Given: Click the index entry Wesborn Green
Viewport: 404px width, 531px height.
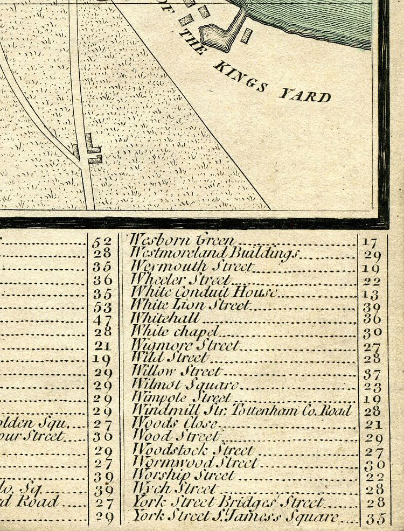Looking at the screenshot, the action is tap(183, 240).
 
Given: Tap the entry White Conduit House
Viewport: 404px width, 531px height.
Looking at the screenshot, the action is tap(205, 292).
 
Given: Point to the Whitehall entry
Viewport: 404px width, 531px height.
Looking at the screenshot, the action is tap(165, 318).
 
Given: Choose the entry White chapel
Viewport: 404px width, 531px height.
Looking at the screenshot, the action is tap(176, 331).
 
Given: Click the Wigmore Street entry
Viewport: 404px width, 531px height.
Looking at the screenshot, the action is tap(185, 345).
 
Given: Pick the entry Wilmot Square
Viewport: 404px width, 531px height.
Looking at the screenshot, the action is tap(185, 385).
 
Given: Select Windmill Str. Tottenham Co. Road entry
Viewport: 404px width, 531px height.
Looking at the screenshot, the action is tap(242, 410).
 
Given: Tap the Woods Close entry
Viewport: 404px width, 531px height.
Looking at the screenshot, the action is tap(175, 423).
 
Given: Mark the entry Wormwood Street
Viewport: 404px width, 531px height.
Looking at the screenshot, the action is tap(194, 463).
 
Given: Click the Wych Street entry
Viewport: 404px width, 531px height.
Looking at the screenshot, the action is tap(174, 489).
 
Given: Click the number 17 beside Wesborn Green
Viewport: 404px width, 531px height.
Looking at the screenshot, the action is tap(372, 242).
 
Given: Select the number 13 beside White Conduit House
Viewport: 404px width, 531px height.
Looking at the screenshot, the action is tap(372, 295).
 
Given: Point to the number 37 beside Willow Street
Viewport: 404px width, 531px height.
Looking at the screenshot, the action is tap(372, 374).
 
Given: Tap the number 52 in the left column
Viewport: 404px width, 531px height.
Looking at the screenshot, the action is tap(102, 241).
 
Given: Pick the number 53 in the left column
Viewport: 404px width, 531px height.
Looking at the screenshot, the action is tap(102, 307).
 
